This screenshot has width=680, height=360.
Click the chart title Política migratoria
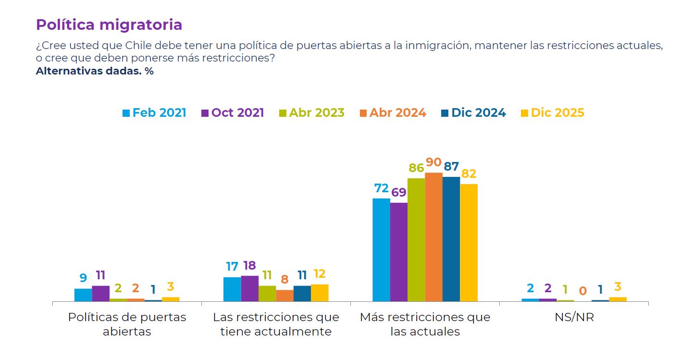(x=109, y=25)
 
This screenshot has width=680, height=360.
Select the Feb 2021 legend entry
(x=154, y=113)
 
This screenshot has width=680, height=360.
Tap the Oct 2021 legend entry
(x=233, y=113)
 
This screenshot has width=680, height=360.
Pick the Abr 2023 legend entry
(x=312, y=113)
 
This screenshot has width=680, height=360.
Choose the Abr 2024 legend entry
(x=393, y=113)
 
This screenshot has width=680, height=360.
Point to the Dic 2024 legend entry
(x=473, y=113)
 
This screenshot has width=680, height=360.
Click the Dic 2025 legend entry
(x=553, y=113)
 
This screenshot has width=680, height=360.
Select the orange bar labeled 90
(x=433, y=237)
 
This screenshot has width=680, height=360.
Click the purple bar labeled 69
(x=399, y=252)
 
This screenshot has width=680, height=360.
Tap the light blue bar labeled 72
(x=381, y=250)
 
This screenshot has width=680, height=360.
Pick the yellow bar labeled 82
(x=469, y=243)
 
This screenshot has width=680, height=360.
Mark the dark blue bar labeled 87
(x=451, y=239)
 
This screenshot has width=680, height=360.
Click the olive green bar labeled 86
(x=416, y=240)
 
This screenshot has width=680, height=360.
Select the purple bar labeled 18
(x=250, y=288)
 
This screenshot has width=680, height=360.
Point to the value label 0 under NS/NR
(x=582, y=291)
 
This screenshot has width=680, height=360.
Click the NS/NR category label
(x=574, y=318)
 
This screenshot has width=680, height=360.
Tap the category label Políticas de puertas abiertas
(x=127, y=324)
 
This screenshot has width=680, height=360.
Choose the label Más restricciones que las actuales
(x=425, y=324)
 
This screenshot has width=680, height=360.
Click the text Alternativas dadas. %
(x=95, y=71)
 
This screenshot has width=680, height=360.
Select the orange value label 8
(x=284, y=279)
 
